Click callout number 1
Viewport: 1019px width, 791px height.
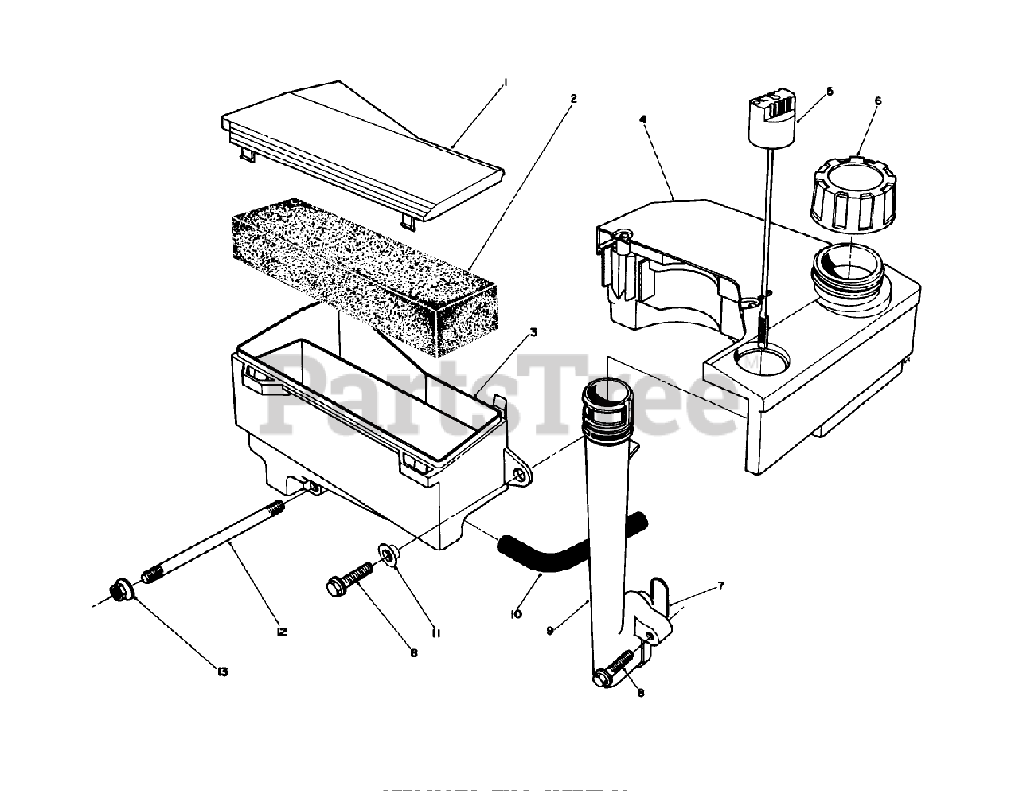pyautogui.click(x=506, y=81)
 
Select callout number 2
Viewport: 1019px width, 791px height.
pyautogui.click(x=573, y=99)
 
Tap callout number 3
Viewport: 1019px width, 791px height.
pyautogui.click(x=533, y=332)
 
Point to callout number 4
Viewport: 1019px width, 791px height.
pyautogui.click(x=642, y=119)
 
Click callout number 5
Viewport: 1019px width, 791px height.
pyautogui.click(x=830, y=92)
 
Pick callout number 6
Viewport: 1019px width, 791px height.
pyautogui.click(x=878, y=101)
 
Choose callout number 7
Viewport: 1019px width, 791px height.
pyautogui.click(x=720, y=587)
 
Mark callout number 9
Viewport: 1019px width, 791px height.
pyautogui.click(x=549, y=630)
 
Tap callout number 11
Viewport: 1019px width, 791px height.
pyautogui.click(x=436, y=633)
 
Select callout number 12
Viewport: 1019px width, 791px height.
pyautogui.click(x=281, y=632)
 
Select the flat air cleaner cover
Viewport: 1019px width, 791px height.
pyautogui.click(x=362, y=147)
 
